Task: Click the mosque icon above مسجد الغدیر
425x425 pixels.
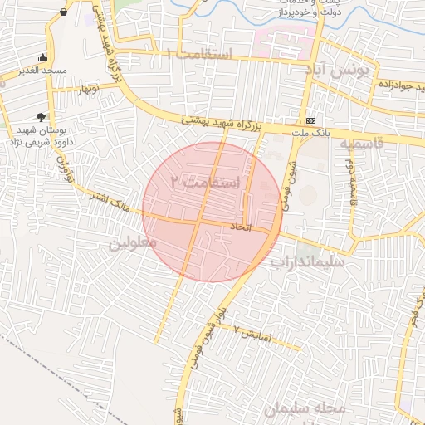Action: click(42, 57)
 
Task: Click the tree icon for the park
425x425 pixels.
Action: click(41, 116)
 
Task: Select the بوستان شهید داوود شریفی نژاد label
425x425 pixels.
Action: click(41, 136)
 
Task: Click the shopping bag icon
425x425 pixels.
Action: click(64, 12)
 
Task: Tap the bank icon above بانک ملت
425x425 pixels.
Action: click(310, 120)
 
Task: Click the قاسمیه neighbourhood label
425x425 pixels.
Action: click(361, 144)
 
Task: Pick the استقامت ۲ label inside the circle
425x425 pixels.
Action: click(204, 181)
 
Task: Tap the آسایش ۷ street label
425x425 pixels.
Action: click(248, 331)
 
